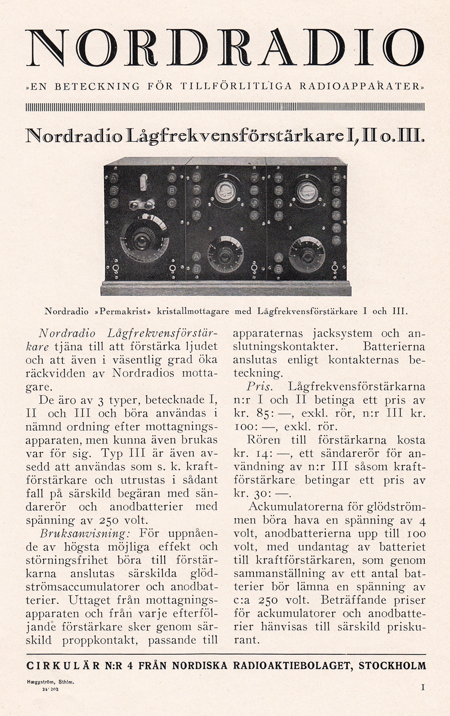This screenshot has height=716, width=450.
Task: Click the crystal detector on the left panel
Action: (140, 205)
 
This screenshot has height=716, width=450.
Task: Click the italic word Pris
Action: (260, 387)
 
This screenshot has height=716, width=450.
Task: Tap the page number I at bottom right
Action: (423, 688)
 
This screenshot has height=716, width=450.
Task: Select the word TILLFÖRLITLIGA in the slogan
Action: (236, 86)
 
